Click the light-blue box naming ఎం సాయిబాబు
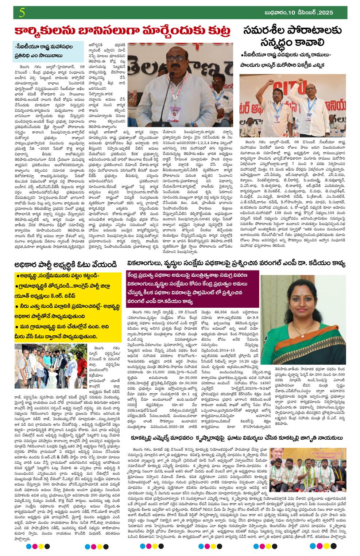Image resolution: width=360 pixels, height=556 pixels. (47, 51)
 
